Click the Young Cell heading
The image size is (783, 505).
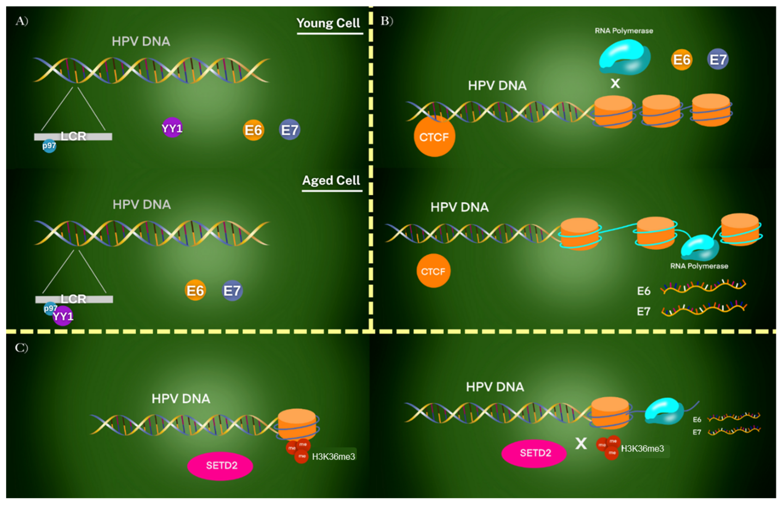tap(329, 23)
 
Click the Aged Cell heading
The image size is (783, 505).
tap(331, 180)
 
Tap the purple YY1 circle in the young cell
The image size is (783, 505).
tap(172, 128)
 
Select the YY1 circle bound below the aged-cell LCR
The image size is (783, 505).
tap(63, 316)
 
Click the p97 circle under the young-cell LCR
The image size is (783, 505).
tap(49, 146)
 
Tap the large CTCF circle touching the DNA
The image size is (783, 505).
tap(434, 137)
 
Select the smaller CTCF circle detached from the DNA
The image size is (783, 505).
tap(433, 271)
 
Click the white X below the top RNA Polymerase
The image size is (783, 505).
tap(615, 83)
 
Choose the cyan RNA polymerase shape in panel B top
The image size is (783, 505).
tap(624, 57)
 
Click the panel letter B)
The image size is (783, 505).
tap(387, 21)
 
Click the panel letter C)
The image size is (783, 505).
tap(22, 348)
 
